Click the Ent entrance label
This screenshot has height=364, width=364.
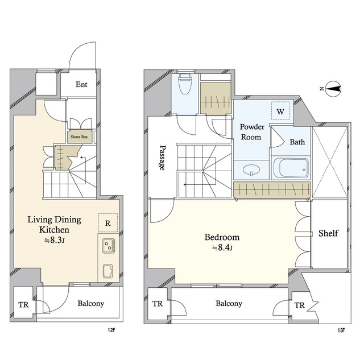coord(81,84)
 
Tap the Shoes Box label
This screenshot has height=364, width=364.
coord(79,137)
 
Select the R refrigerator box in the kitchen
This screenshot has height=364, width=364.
coord(108,222)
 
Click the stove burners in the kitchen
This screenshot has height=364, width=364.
coord(109,246)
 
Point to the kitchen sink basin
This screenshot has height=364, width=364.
coord(109,271)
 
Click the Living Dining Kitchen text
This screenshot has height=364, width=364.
coord(55,225)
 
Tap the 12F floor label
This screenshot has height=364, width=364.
coord(111,330)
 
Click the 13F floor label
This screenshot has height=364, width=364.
coord(341,330)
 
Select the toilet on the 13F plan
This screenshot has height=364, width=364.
coord(184,85)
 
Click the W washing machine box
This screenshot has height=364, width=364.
coord(280,110)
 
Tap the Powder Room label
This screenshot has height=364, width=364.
coord(252,132)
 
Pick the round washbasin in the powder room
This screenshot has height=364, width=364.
coord(251,169)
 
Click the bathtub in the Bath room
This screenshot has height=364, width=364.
coord(291,168)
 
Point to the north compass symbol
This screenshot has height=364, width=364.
coord(333,89)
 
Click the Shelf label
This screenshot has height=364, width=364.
coord(328,233)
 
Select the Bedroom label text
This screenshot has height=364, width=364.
coord(222,237)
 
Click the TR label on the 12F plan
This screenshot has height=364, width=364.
coord(23,305)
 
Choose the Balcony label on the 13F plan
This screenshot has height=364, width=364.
coord(229,303)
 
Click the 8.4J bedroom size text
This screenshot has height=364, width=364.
coord(222,248)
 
